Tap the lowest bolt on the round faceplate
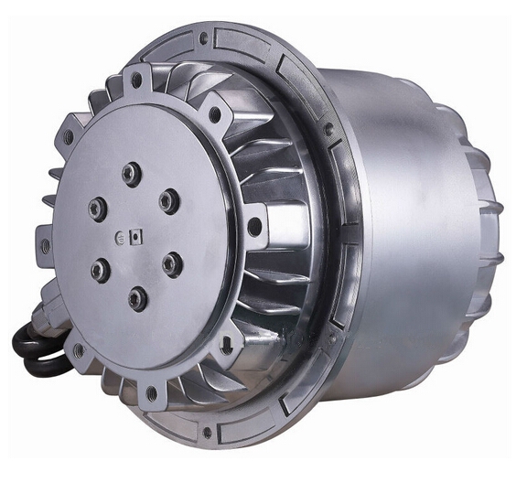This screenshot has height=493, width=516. (137, 297)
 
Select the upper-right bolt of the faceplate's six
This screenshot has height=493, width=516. (169, 201)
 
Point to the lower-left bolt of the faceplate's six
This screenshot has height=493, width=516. (100, 270)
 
